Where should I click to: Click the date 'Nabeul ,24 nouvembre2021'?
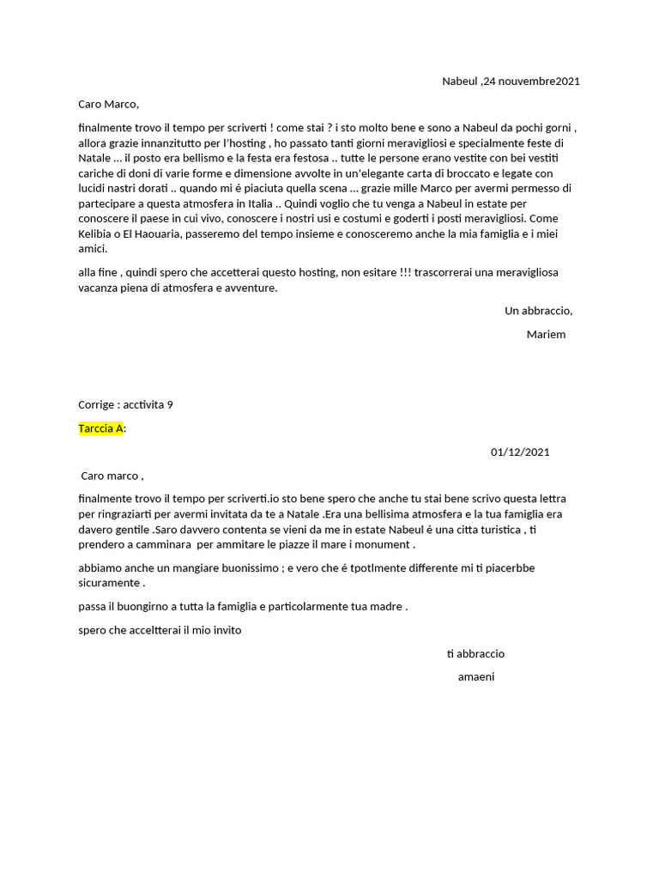pos(511,82)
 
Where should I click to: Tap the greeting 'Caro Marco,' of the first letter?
pos(108,105)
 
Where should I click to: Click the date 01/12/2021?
pos(520,452)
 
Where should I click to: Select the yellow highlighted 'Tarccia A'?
pos(101,428)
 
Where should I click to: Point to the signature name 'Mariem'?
pos(546,334)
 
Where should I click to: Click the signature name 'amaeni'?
pos(476,676)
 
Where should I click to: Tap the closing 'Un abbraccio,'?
pos(538,311)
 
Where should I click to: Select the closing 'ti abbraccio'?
pos(475,654)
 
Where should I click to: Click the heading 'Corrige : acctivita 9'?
pos(125,405)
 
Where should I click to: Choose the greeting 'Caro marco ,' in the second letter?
pos(112,476)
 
